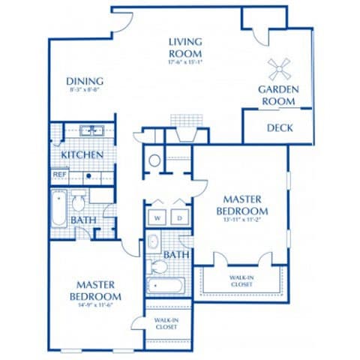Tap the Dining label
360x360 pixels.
pos(84,82)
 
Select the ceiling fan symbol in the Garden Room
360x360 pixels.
pos(279,70)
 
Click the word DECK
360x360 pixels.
pos(280,127)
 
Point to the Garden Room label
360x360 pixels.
pos(279,94)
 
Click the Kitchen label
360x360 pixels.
pos(82,154)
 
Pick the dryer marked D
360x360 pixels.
pos(180,218)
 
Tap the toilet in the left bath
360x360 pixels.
pos(79,202)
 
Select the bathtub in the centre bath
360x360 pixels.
pos(166,286)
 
